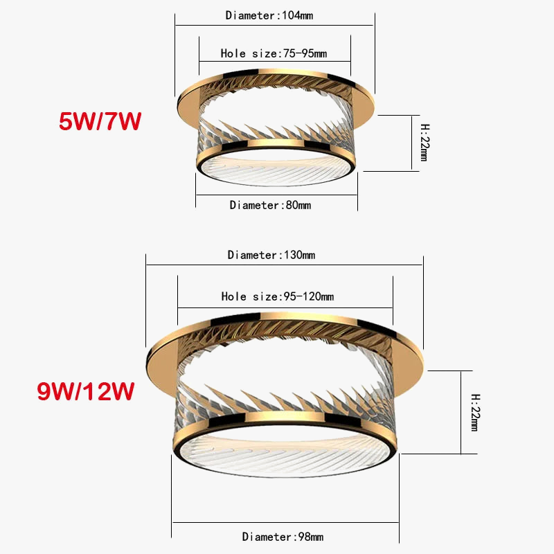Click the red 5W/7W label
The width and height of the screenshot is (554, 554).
point(100,121)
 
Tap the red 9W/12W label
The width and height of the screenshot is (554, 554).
point(85,391)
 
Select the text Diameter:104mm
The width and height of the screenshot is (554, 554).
point(274,15)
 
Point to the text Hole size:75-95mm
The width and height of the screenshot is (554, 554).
point(274,53)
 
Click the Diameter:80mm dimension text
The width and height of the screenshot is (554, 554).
point(270,205)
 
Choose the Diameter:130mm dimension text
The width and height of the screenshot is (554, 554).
point(271,255)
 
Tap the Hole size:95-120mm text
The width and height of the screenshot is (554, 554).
point(277,296)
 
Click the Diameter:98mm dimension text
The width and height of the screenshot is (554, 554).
point(283,537)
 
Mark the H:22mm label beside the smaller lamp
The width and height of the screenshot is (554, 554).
point(425,143)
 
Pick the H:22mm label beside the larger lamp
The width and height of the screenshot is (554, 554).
point(475,413)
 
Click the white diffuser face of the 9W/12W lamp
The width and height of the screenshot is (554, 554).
point(285,450)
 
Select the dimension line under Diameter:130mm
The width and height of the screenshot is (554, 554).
point(284,264)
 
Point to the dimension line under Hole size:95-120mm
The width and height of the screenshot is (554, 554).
point(285,306)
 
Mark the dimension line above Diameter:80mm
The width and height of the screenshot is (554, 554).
point(276,195)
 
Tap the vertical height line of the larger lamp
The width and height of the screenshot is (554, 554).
point(461,412)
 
